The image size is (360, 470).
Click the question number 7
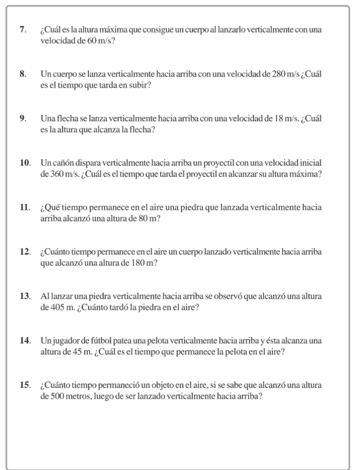coord(22,30)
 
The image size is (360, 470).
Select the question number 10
coord(25,163)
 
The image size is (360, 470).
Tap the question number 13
coord(25,296)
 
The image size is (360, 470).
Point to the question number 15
coord(25,385)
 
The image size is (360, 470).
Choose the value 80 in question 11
coord(143,218)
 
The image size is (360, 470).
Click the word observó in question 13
coord(228,296)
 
